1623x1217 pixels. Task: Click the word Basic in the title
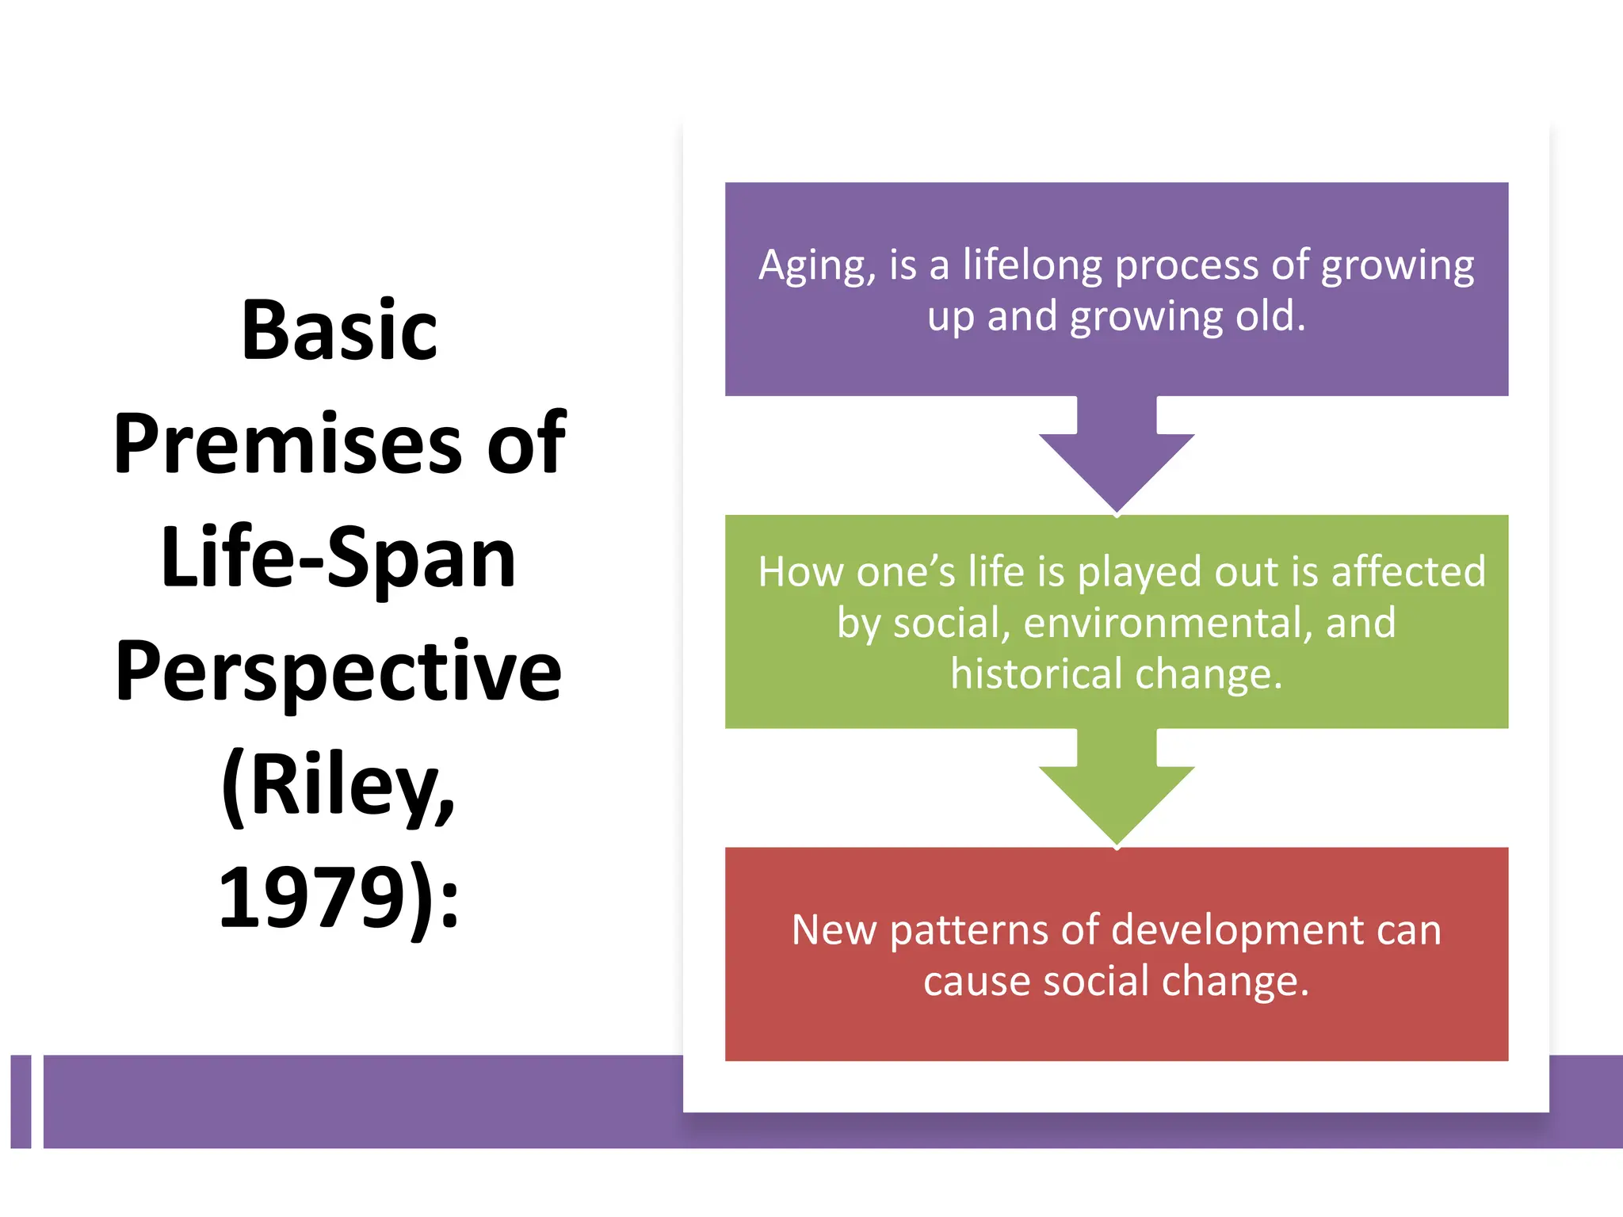(338, 331)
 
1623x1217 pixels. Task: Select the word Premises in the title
(286, 445)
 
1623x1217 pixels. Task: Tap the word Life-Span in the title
(338, 559)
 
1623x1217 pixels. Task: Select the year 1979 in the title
(312, 900)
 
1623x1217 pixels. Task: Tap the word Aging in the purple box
(815, 267)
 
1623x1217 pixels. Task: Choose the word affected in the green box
(1408, 572)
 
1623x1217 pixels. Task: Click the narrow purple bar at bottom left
(21, 1101)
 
